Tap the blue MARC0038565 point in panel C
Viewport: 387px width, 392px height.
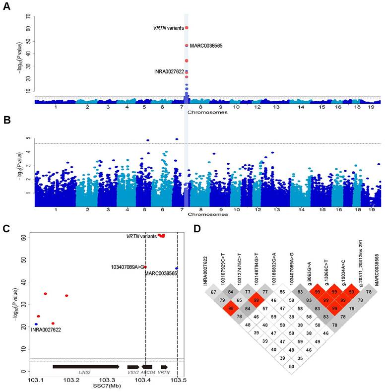[x=177, y=268]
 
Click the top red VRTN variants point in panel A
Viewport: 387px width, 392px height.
[x=186, y=28]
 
